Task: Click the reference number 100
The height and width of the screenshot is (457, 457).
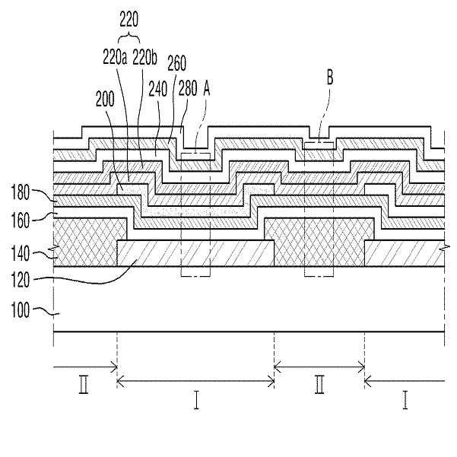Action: pos(20,309)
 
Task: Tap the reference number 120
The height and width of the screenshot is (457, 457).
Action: pos(20,280)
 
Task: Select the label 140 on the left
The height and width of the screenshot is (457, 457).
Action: pos(20,253)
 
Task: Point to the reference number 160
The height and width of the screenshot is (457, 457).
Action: pos(20,221)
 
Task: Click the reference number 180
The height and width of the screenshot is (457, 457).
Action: pos(20,192)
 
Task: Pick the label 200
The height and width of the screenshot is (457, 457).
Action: pos(105,100)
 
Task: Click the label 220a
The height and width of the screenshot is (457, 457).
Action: pos(115,58)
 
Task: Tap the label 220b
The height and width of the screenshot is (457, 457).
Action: pos(144,58)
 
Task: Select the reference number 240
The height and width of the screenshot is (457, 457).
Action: pos(158,89)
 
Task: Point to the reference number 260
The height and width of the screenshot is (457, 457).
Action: pos(177,63)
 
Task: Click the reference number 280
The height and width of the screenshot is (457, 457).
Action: pos(188,89)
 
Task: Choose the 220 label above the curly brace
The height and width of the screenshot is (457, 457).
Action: pos(129,20)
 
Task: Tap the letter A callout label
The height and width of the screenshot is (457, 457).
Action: pos(207,88)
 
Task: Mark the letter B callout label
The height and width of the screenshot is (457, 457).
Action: pos(330,78)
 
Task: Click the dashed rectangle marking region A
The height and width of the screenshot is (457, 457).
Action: pos(181,214)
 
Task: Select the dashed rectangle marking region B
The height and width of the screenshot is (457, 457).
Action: pos(304,209)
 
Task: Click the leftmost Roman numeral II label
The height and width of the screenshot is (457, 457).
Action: pos(84,385)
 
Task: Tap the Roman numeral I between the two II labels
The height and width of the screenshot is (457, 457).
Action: pos(196,400)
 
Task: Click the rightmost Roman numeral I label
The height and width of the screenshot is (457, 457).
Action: pos(405,400)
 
